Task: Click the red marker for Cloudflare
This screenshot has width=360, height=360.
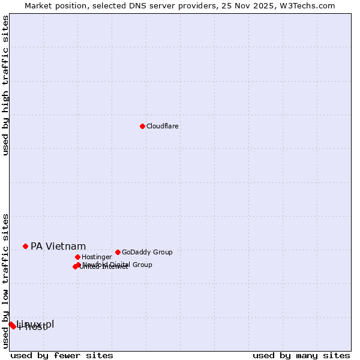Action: [x=142, y=126]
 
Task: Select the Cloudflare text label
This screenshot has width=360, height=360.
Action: [x=162, y=126]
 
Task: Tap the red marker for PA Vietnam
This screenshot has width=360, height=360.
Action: [x=25, y=246]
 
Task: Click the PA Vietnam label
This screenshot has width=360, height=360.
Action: [x=58, y=246]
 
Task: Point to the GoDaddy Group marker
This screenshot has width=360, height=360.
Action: [x=118, y=252]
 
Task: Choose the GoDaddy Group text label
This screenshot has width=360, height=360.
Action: [x=147, y=252]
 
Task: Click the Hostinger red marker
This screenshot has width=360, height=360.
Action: [x=77, y=257]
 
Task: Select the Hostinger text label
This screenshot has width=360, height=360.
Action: [x=97, y=257]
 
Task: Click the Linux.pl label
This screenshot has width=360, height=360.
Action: [x=36, y=323]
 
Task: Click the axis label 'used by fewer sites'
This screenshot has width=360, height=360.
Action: [x=62, y=355]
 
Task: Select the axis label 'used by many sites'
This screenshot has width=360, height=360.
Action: [x=301, y=355]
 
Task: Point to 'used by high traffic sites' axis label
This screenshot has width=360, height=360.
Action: [x=5, y=85]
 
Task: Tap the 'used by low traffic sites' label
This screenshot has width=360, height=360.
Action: [x=5, y=280]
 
